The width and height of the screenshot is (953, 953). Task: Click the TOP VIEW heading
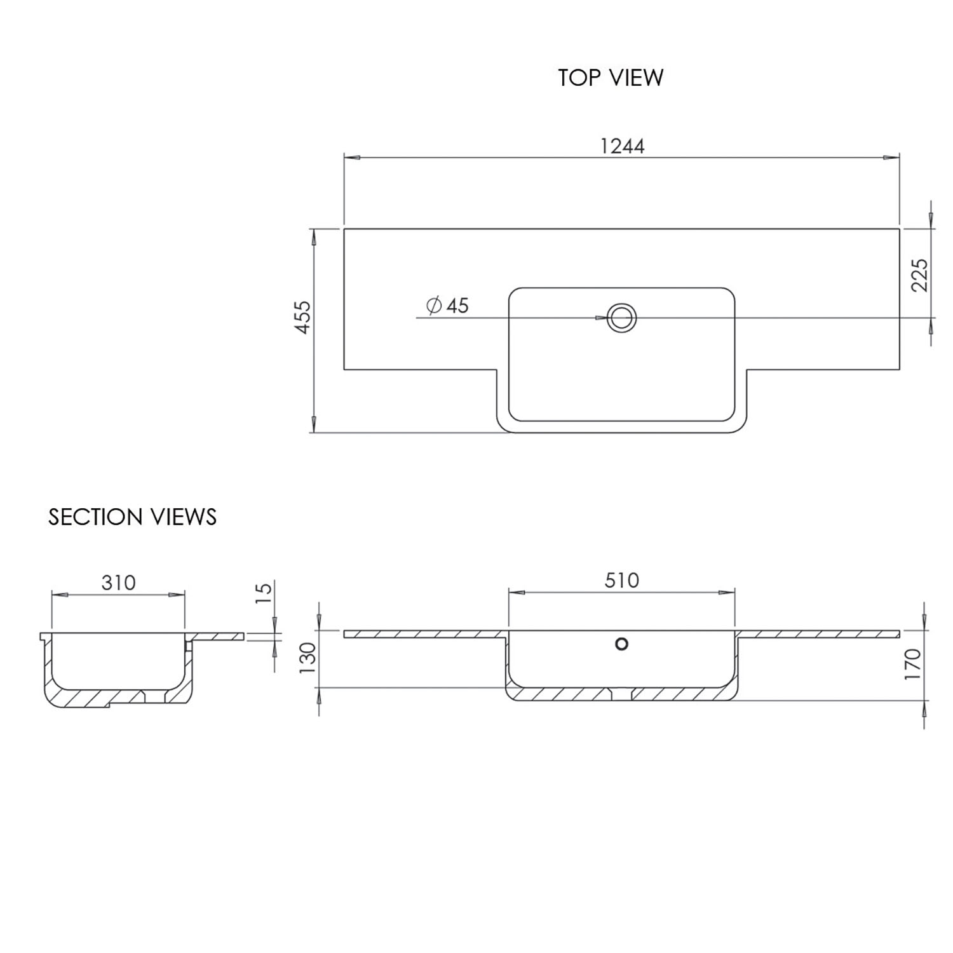[611, 78]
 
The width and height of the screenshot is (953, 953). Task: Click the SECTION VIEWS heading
[132, 517]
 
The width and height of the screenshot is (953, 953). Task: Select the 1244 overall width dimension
[622, 147]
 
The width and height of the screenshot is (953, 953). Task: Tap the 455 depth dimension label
[303, 317]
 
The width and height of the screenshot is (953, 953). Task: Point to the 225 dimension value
[919, 274]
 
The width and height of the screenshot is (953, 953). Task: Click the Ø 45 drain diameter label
[448, 306]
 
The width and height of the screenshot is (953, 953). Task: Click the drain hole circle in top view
[621, 317]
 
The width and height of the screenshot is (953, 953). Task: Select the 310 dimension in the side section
[118, 583]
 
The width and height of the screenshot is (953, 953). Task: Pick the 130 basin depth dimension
[308, 659]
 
